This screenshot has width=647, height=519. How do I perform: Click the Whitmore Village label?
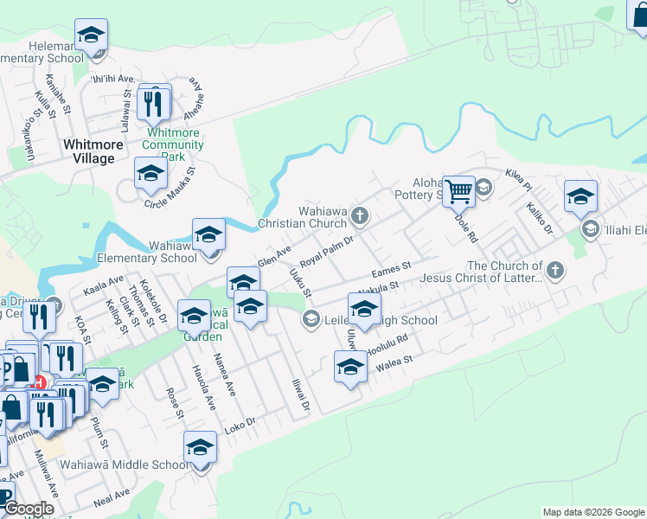(x=88, y=151)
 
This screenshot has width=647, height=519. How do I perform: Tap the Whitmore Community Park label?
(x=173, y=145)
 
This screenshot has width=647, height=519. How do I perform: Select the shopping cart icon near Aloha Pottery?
(x=458, y=190)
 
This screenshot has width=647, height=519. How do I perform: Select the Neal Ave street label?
(x=112, y=496)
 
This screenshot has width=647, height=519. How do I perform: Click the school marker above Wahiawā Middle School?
(x=200, y=448)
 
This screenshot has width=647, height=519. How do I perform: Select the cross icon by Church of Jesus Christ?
(x=555, y=271)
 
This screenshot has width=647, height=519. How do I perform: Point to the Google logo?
(x=28, y=509)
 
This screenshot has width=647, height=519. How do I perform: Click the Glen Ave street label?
(x=273, y=256)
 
